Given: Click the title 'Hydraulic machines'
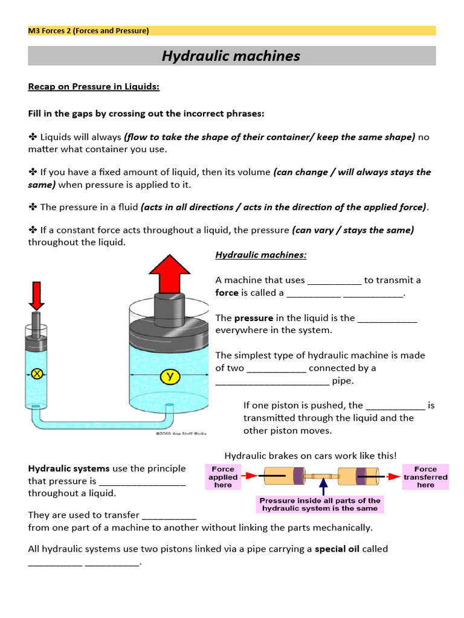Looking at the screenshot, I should click(x=231, y=56).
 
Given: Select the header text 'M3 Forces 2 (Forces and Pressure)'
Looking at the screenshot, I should click(x=88, y=31).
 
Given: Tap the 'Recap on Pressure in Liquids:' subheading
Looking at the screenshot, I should click(x=94, y=86).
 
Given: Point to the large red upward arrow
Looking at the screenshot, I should click(x=170, y=273).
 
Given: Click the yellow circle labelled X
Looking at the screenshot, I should click(x=37, y=374).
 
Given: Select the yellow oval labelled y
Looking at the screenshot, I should click(x=170, y=378).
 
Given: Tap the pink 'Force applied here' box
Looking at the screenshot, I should click(x=223, y=477).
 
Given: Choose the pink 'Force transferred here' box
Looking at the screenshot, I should click(x=425, y=477).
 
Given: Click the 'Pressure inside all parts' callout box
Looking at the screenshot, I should click(x=320, y=505).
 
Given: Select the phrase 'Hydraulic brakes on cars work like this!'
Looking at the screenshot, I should click(x=311, y=456).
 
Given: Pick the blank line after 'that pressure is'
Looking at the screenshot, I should click(x=142, y=482).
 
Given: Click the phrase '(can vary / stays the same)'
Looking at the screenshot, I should click(x=353, y=230).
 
